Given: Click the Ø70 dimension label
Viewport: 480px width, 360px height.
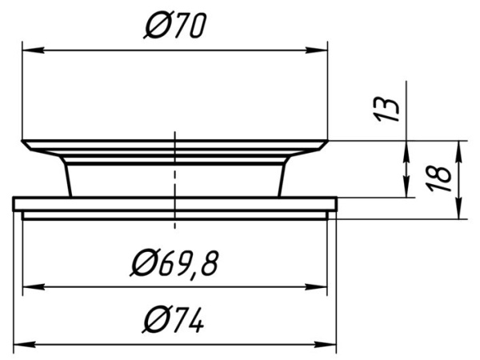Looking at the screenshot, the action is point(174,25).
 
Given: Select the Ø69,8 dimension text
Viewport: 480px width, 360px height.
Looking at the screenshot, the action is point(174,263).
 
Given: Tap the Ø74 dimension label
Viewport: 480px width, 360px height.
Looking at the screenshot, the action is point(174,320).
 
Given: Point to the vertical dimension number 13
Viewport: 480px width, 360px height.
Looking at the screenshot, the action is point(386,110).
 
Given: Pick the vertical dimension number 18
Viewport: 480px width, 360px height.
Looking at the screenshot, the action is point(439,178).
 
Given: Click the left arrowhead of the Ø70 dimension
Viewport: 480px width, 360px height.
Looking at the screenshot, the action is point(33,50).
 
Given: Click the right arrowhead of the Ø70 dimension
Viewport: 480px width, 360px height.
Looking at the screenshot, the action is point(317,50).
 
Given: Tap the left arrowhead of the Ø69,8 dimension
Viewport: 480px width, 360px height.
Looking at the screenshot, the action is point(34,287).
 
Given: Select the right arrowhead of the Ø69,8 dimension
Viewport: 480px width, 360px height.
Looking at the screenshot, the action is point(317,287).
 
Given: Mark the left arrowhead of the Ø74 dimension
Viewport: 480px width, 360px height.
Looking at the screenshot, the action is point(25,345).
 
